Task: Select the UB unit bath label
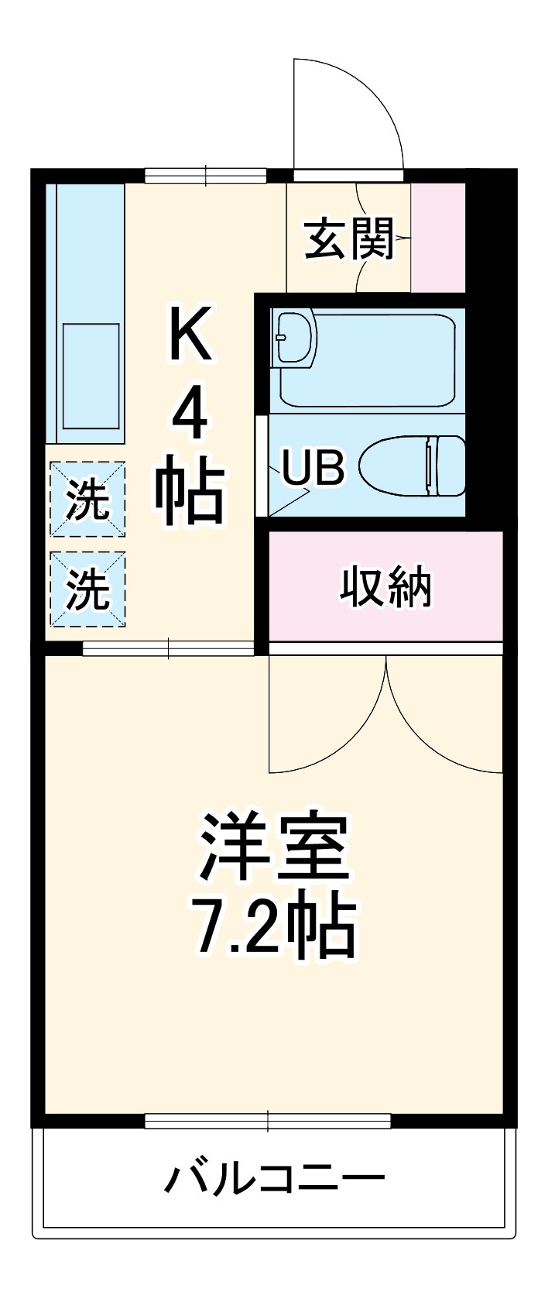coord(312,468)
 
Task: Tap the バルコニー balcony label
coord(275,1180)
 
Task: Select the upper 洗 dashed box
coord(87,500)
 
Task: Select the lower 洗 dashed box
coord(87,589)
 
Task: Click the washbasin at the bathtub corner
coord(295,338)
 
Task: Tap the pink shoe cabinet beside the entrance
coord(437,237)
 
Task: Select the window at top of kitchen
coord(206,175)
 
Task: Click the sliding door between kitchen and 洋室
coord(168,648)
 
